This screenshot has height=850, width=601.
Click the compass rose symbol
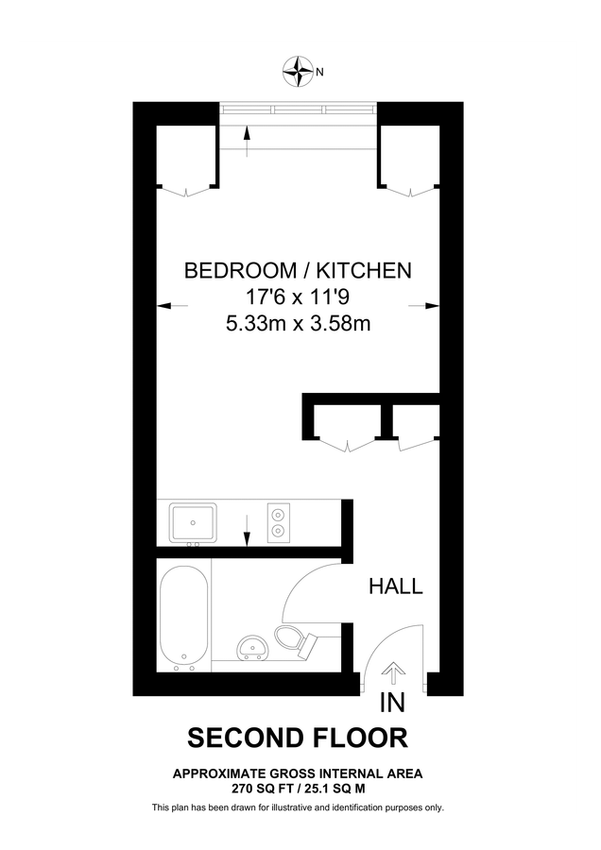(300, 69)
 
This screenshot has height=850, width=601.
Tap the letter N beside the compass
(320, 71)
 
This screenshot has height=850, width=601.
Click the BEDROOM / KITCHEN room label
(298, 271)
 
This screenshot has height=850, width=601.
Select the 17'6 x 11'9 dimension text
(298, 297)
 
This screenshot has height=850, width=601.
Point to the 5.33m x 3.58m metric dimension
(298, 324)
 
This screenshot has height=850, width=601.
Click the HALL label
(395, 586)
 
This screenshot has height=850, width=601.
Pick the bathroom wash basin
(252, 647)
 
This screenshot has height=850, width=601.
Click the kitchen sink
(194, 522)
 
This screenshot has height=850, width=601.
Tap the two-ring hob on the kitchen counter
(279, 522)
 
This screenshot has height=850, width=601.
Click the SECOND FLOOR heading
(299, 738)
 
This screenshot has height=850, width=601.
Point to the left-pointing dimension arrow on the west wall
(171, 305)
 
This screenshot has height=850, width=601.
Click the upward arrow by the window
(247, 143)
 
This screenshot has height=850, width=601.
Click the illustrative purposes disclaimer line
(299, 807)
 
